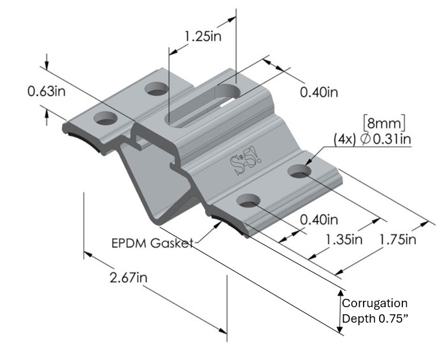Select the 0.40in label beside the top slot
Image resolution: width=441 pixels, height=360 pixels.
click(x=319, y=93)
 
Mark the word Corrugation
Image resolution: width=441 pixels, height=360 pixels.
click(x=375, y=303)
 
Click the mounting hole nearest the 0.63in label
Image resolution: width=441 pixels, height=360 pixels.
click(x=104, y=119)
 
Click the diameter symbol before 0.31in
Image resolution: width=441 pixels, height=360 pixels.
click(x=359, y=139)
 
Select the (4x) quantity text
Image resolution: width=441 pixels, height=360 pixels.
click(x=342, y=139)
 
